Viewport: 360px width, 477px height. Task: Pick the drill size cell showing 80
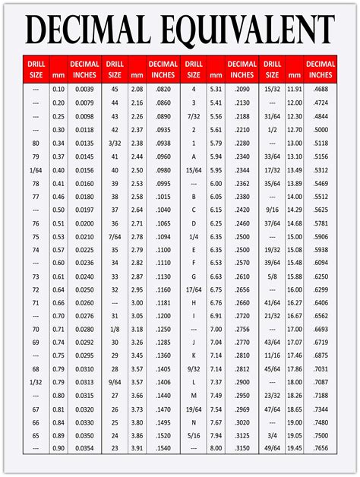tap(36, 143)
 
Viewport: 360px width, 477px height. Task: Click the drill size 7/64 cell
tap(115, 237)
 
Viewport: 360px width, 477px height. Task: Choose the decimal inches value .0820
tap(163, 89)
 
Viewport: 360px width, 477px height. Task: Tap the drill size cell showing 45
tap(115, 89)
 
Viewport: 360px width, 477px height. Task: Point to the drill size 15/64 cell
tap(194, 170)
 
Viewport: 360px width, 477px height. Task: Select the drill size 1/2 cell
tap(272, 129)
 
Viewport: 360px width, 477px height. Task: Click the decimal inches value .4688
tap(321, 89)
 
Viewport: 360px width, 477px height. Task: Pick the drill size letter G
tap(194, 277)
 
